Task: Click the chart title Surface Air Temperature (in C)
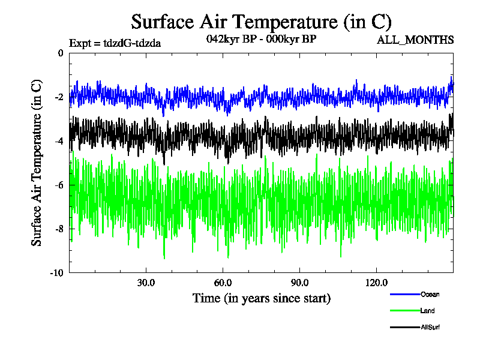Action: (261, 22)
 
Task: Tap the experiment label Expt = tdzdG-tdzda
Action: (115, 43)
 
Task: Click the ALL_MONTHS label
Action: (415, 40)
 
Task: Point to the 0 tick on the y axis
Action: (60, 53)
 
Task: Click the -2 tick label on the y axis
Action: (59, 97)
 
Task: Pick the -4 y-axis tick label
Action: (59, 141)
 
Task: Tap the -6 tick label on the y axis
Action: (59, 185)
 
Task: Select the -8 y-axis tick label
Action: (59, 229)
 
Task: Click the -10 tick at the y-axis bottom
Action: (57, 272)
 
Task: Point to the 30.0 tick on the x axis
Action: (146, 283)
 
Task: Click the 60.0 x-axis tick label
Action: (223, 283)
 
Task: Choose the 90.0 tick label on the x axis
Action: (299, 283)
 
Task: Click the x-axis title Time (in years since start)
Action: (261, 298)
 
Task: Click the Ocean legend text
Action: (430, 294)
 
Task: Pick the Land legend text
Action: (428, 311)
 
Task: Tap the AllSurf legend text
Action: (431, 327)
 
